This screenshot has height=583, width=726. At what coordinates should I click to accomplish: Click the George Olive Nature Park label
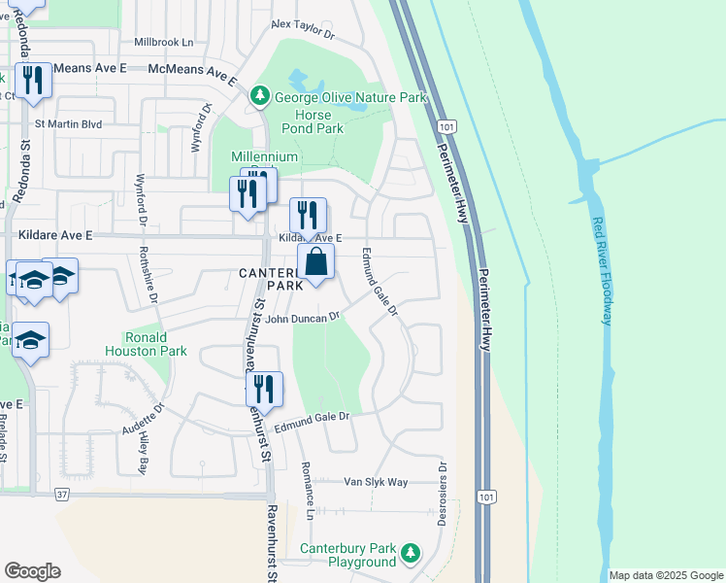350,97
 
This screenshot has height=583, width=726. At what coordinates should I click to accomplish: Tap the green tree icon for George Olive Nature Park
259,96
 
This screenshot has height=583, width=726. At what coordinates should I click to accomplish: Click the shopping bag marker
315,262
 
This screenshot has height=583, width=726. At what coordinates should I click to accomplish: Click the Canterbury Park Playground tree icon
411,553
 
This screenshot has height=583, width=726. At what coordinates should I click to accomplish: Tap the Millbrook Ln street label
164,43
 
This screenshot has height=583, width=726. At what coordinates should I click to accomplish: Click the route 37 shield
62,495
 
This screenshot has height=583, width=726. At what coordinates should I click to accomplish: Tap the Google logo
32,571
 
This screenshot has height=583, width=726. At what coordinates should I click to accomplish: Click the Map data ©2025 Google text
666,575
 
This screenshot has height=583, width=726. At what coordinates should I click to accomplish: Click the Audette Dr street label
142,418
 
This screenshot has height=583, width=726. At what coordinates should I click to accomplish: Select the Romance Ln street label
311,501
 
